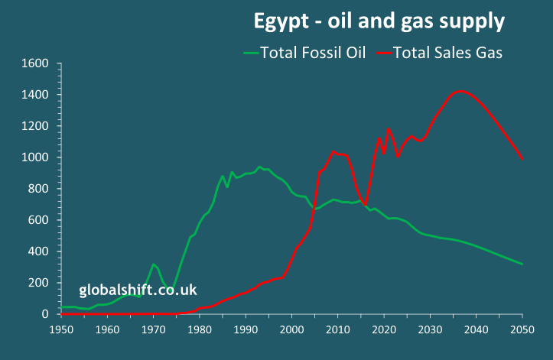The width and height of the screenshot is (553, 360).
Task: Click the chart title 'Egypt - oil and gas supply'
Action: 379,21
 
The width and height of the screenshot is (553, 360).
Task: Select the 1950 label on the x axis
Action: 61,329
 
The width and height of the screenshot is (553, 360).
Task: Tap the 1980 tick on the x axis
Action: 200,329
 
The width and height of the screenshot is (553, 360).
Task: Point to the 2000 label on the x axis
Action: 291,329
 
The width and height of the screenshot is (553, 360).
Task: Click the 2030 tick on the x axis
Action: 430,329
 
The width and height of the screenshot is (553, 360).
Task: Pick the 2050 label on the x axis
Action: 522,329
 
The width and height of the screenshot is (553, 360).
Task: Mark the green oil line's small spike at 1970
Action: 153,264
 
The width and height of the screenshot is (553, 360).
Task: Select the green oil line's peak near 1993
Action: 259,167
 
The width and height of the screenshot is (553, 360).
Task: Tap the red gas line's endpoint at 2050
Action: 522,159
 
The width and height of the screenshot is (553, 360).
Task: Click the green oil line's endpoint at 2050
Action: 522,264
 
